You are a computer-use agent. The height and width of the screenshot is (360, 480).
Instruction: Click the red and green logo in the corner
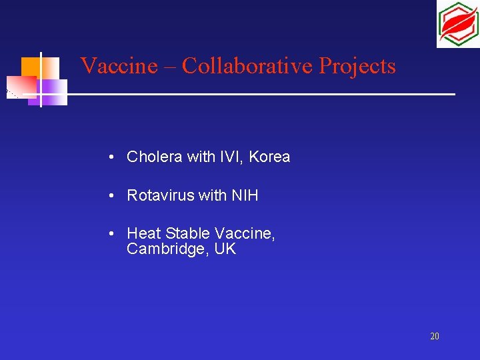pos(457,24)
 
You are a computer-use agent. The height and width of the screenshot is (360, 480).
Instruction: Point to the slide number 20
pos(434,337)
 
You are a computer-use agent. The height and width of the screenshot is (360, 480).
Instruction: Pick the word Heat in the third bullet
pos(143,234)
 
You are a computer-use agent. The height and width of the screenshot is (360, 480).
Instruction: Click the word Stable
pos(186,234)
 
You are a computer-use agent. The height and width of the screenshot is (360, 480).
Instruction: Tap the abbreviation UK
pos(225,250)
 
